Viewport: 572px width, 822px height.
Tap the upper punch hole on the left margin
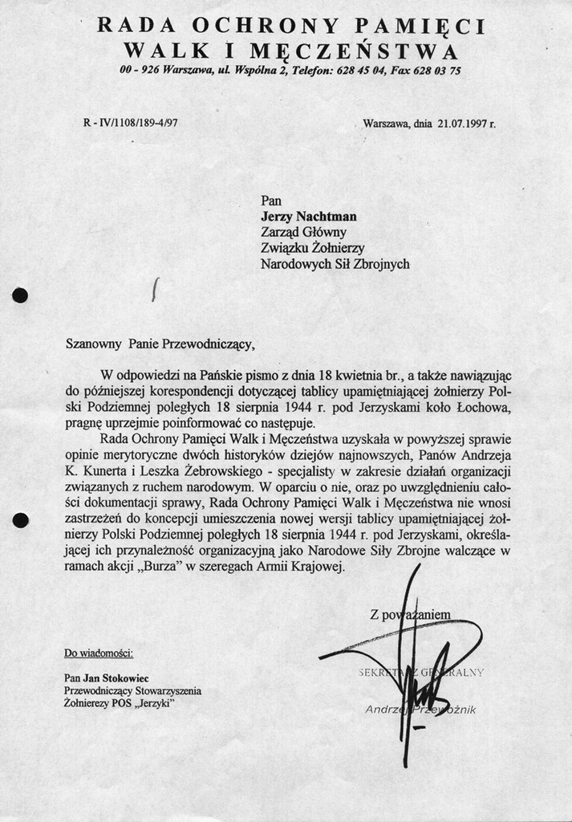[21, 295]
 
